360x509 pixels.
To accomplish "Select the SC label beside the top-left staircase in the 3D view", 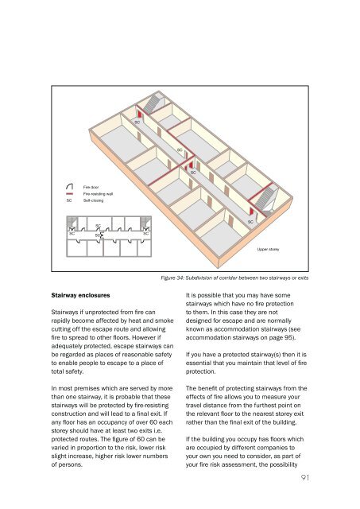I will coord(137,122).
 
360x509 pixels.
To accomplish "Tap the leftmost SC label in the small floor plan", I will coord(72,234).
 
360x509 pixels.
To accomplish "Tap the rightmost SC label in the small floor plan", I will coord(145,234).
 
